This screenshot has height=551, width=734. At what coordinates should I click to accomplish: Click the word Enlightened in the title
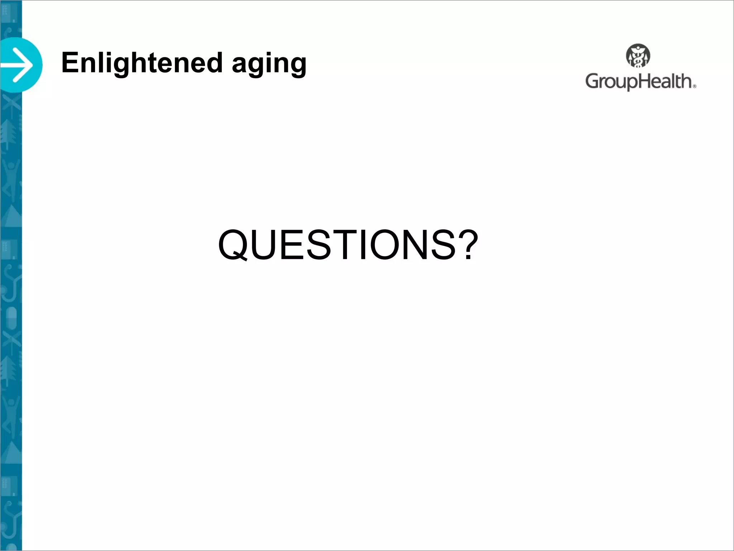(x=142, y=62)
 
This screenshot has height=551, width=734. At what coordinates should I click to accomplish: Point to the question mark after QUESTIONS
(x=468, y=244)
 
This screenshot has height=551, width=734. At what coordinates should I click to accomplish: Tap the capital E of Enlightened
(x=70, y=62)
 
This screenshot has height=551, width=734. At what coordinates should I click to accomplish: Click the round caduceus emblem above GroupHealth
(x=638, y=56)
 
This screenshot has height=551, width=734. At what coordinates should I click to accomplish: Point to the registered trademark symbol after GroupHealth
(x=694, y=86)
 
